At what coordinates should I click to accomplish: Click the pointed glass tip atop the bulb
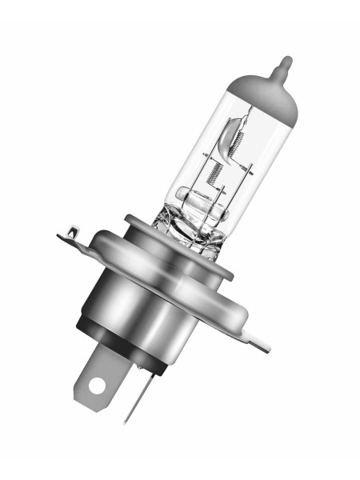pos(284,63)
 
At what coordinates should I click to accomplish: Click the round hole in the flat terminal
pos(97,386)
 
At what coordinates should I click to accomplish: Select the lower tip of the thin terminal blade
pos(126,422)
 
